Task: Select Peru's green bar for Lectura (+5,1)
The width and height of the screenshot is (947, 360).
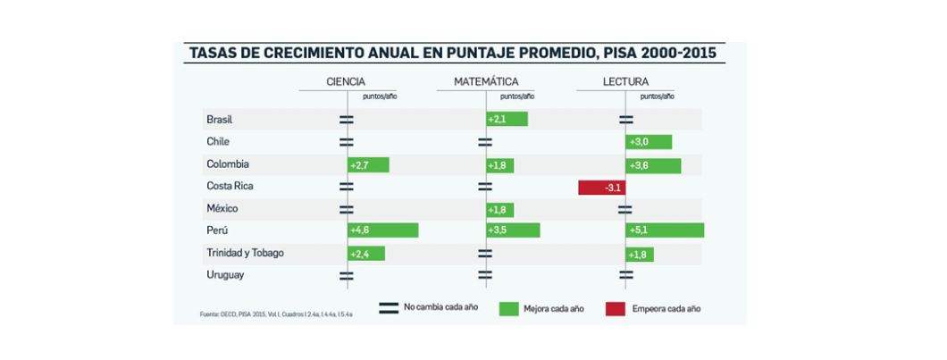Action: click(665, 230)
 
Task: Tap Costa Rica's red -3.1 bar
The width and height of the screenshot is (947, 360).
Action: click(601, 188)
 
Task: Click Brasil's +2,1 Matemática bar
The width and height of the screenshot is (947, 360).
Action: click(507, 119)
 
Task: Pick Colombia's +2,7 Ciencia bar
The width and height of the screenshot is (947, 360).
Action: click(368, 164)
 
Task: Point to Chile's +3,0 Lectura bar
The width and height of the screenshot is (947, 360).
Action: click(649, 142)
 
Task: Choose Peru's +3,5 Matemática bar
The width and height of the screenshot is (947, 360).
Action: click(514, 230)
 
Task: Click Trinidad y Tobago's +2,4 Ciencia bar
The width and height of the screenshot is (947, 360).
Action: click(366, 254)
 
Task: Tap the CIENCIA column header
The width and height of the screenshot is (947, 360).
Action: click(346, 81)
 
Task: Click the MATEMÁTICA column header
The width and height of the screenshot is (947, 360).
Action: click(486, 81)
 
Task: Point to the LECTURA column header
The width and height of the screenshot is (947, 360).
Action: click(625, 81)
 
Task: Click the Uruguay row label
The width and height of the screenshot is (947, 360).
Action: click(225, 275)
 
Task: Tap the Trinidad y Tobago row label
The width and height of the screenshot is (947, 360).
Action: click(245, 253)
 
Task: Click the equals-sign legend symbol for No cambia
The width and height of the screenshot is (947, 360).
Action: click(389, 308)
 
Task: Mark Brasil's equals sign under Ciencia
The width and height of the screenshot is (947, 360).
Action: click(346, 119)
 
